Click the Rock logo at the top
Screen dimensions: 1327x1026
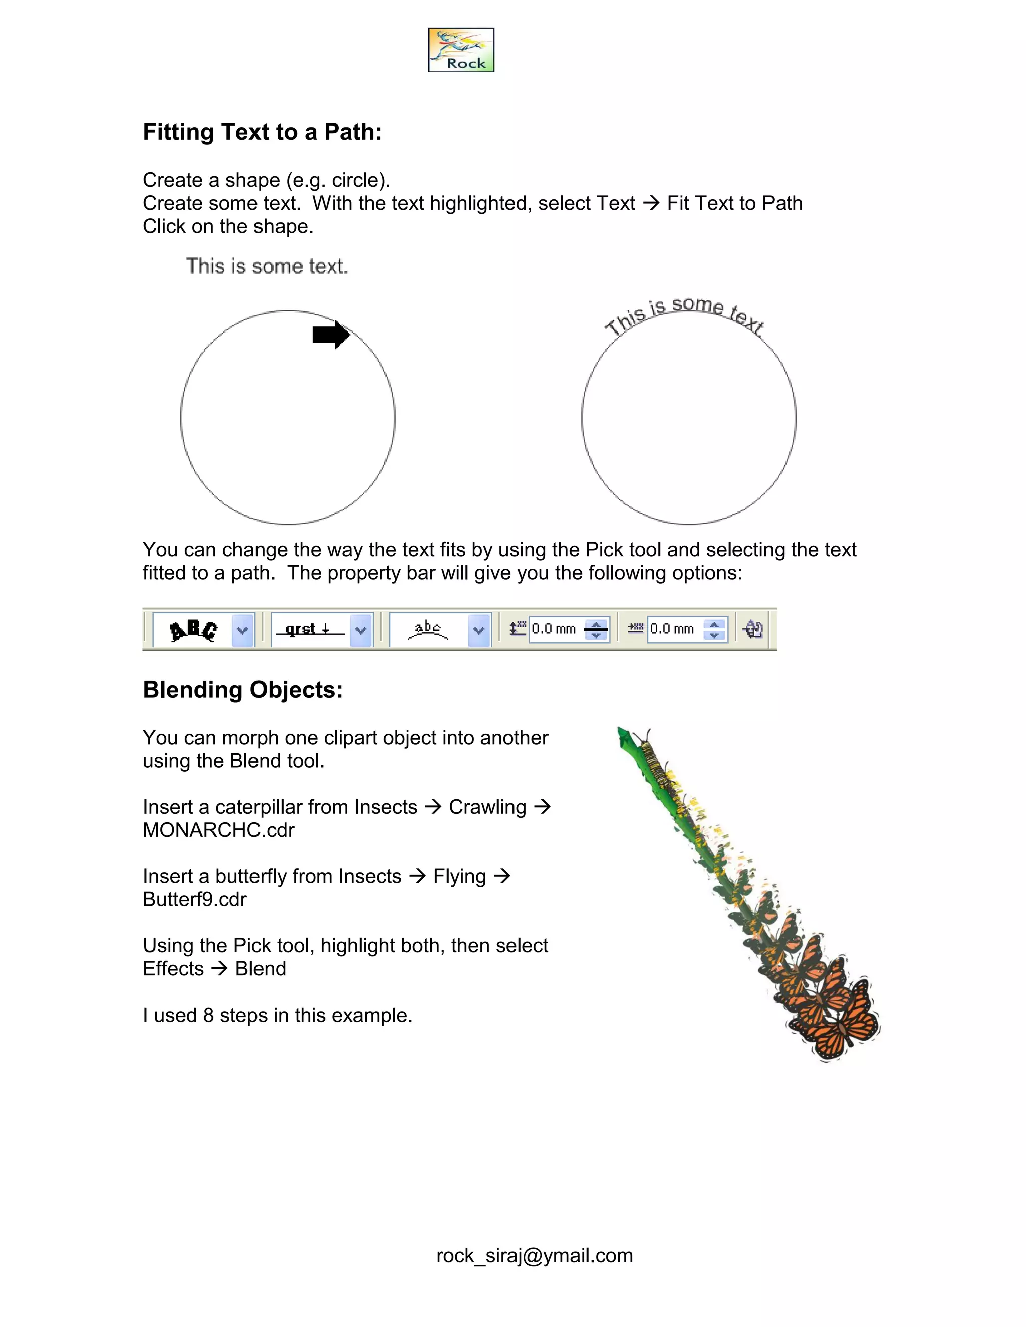(461, 50)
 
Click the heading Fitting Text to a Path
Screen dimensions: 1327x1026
(262, 132)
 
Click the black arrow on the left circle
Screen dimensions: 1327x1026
(331, 335)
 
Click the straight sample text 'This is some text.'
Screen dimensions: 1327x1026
(267, 266)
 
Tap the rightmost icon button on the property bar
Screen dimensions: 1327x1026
(753, 629)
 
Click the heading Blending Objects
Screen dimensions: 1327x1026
(242, 690)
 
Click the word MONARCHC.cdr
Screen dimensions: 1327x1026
(218, 830)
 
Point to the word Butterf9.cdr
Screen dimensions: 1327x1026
(194, 899)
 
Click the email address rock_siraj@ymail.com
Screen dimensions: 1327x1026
(534, 1255)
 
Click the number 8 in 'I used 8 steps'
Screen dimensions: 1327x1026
(208, 1016)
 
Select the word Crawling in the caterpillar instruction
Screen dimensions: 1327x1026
(487, 807)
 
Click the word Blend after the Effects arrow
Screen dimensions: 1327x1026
(260, 969)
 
